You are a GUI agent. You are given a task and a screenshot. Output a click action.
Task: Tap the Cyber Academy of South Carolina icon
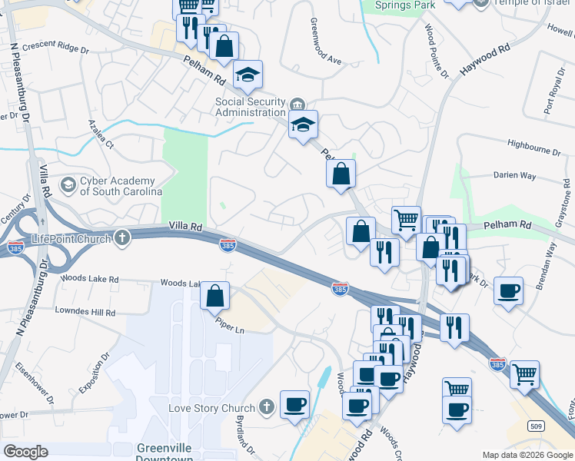pyautogui.click(x=68, y=185)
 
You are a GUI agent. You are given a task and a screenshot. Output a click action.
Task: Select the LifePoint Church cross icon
pyautogui.click(x=121, y=239)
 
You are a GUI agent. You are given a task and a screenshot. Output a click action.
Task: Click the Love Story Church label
pyautogui.click(x=211, y=407)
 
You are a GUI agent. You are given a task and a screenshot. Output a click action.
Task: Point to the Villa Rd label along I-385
pyautogui.click(x=185, y=227)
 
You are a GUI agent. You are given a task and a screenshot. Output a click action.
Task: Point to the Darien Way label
pyautogui.click(x=514, y=175)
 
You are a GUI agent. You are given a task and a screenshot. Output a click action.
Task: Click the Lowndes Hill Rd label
pyautogui.click(x=85, y=313)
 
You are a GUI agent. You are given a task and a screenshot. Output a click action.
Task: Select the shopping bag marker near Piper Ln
pyautogui.click(x=216, y=294)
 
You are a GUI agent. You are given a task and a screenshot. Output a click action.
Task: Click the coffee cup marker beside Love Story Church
pyautogui.click(x=294, y=404)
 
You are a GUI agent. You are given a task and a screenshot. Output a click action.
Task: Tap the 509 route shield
pyautogui.click(x=537, y=425)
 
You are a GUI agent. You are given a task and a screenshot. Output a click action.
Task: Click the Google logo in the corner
pyautogui.click(x=25, y=451)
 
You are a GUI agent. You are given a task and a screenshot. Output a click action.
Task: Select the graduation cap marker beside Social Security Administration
pyautogui.click(x=303, y=125)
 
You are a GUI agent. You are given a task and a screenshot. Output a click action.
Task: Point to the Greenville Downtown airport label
pyautogui.click(x=165, y=453)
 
